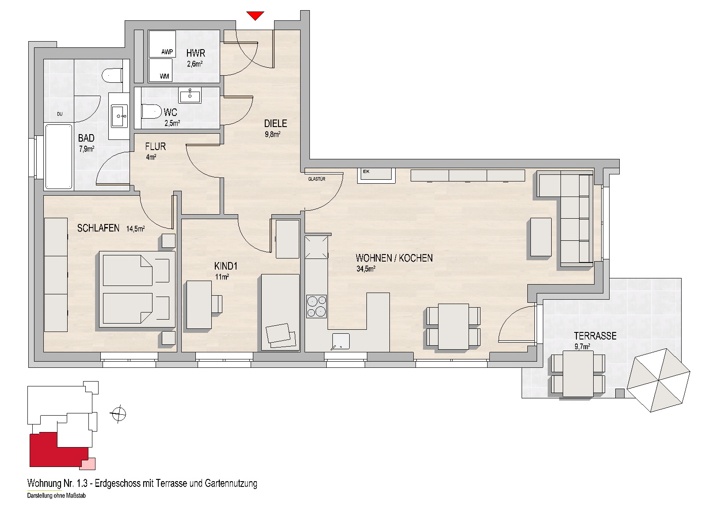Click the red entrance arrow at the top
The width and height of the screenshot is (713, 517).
pyautogui.click(x=255, y=15)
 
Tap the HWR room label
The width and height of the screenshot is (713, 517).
pyautogui.click(x=196, y=53)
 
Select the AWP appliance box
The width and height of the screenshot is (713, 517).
pyautogui.click(x=162, y=44)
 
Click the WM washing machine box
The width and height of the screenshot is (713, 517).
pyautogui.click(x=160, y=69)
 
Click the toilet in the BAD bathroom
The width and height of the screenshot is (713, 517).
pyautogui.click(x=112, y=75)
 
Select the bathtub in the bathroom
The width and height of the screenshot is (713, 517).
pyautogui.click(x=59, y=157)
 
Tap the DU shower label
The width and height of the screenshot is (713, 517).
pyautogui.click(x=60, y=114)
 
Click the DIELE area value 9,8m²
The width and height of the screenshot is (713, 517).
pyautogui.click(x=272, y=134)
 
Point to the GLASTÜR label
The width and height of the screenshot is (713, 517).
pyautogui.click(x=316, y=179)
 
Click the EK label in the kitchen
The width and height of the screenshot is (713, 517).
pyautogui.click(x=366, y=171)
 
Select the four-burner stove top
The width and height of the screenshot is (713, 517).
pyautogui.click(x=316, y=306)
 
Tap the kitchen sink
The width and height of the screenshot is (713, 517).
pyautogui.click(x=341, y=341)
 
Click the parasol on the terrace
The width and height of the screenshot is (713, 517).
pyautogui.click(x=658, y=380)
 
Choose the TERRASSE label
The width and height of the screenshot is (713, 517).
pyautogui.click(x=595, y=336)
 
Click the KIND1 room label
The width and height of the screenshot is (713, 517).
pyautogui.click(x=226, y=266)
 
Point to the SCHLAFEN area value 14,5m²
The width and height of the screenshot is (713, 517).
pyautogui.click(x=136, y=228)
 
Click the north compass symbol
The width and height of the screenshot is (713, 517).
pyautogui.click(x=118, y=414)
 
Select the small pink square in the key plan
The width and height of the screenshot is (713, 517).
pyautogui.click(x=87, y=464)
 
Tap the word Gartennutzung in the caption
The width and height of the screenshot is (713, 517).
pyautogui.click(x=231, y=483)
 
